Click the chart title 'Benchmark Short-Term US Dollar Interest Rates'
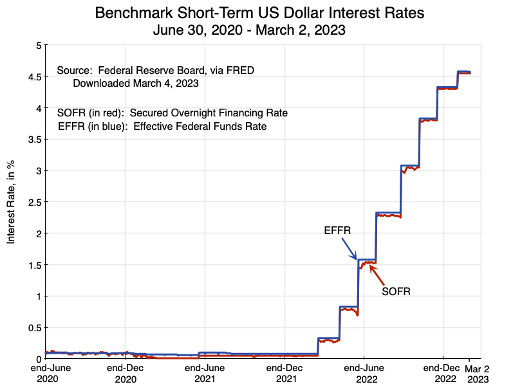[x=259, y=13]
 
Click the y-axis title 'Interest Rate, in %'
[x=11, y=202]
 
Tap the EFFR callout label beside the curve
[x=337, y=230]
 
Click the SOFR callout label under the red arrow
[x=396, y=291]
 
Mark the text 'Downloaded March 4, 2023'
[x=135, y=83]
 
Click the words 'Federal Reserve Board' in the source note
[x=144, y=70]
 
